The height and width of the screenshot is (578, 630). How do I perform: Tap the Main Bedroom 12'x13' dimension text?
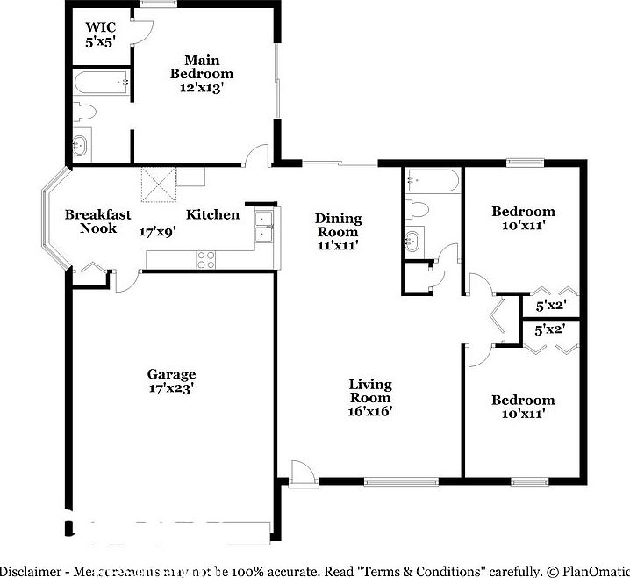coord(201,87)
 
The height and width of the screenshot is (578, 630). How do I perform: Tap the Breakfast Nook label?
coord(98,221)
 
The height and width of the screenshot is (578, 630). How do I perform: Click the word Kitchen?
coord(212,214)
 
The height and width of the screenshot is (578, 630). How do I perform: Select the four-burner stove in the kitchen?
coord(206,259)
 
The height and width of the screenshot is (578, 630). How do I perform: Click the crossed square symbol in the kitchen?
coord(159,185)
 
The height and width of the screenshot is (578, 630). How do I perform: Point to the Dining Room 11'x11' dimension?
coord(338,245)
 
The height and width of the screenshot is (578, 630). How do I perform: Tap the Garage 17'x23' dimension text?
coord(171,387)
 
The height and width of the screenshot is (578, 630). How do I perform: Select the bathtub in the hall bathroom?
coord(432,183)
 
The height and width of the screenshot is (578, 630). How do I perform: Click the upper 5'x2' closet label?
coord(550,305)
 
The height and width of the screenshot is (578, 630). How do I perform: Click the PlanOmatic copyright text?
coord(588,570)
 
